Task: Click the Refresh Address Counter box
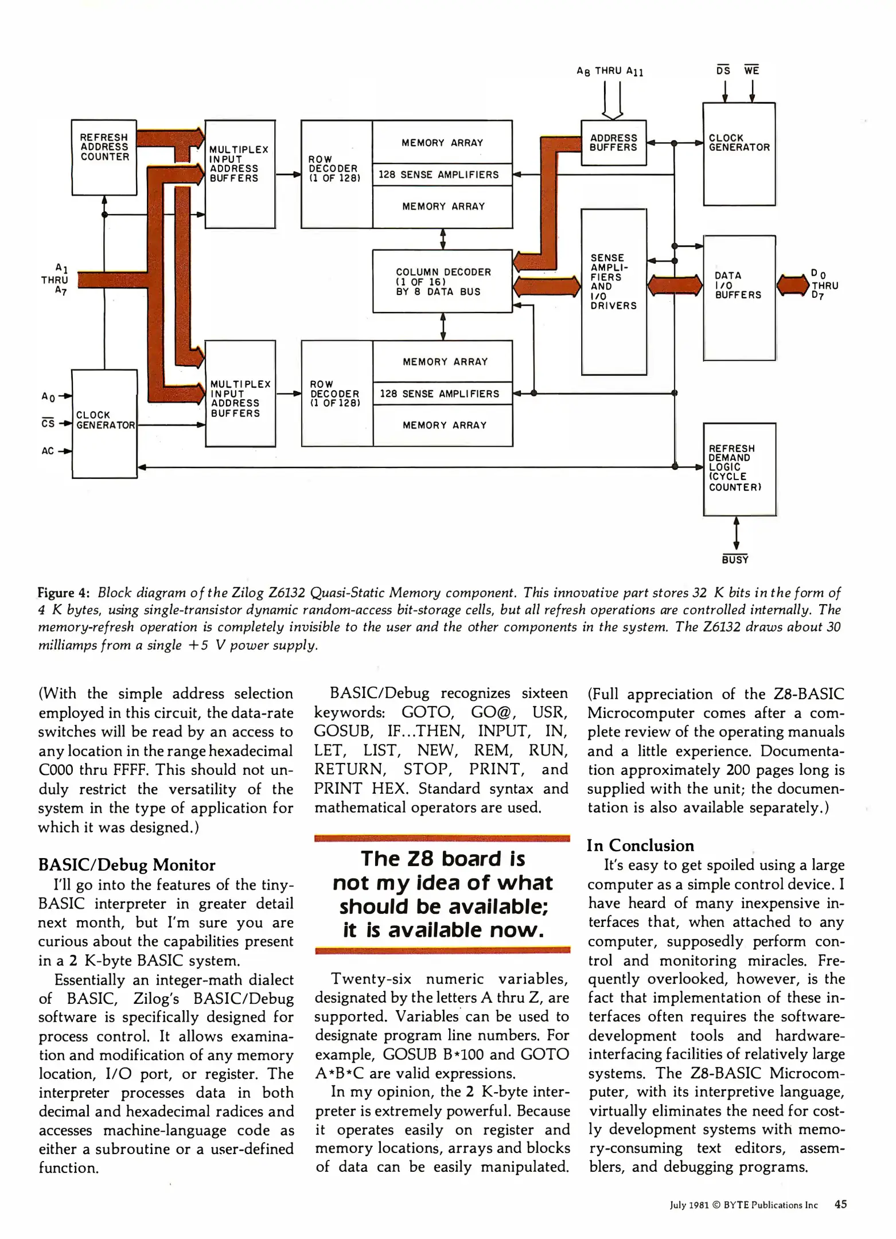(x=104, y=157)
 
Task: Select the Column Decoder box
(x=442, y=281)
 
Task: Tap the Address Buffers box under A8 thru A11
(x=613, y=143)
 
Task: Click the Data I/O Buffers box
(x=739, y=297)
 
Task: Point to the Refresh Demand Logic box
(x=739, y=469)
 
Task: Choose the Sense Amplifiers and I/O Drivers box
(x=613, y=291)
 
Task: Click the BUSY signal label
(x=735, y=560)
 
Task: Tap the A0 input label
(x=48, y=396)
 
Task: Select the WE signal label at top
(x=751, y=71)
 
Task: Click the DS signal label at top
(x=723, y=71)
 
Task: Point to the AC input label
(x=48, y=451)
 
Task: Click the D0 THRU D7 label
(x=824, y=285)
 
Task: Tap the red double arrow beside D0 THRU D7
(x=793, y=285)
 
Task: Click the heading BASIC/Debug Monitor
(x=126, y=865)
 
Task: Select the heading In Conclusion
(x=640, y=846)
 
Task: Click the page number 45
(x=840, y=1205)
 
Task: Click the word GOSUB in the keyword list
(x=342, y=731)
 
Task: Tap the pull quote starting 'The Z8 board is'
(x=442, y=894)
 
